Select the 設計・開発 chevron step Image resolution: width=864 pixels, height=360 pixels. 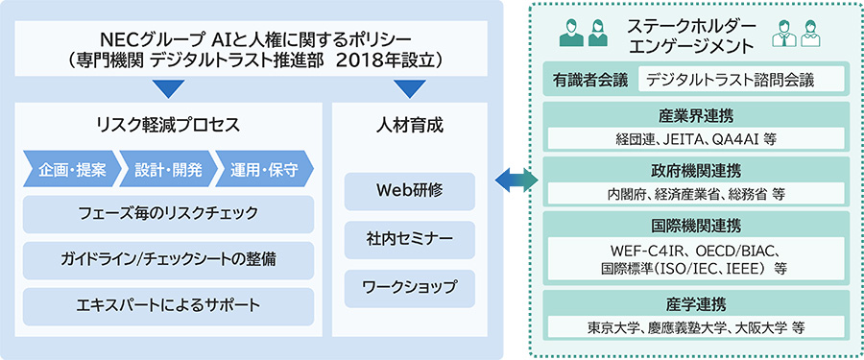click(168, 168)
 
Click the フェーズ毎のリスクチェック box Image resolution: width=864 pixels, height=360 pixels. click(168, 214)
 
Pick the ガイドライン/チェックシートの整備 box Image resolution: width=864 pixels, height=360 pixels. click(168, 260)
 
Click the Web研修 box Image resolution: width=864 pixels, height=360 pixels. click(409, 191)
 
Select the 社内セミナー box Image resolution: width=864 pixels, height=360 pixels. click(409, 240)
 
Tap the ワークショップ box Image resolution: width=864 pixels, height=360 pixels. click(409, 288)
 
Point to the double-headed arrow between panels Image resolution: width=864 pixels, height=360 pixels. click(516, 180)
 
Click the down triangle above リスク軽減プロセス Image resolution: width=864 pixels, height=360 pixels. click(169, 88)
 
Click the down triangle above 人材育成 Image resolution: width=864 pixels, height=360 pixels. click(410, 88)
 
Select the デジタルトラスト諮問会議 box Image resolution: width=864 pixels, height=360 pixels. click(741, 80)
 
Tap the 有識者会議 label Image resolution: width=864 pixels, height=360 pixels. click(590, 81)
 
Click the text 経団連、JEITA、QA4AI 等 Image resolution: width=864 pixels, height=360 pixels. click(696, 139)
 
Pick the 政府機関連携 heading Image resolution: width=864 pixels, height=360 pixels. click(695, 169)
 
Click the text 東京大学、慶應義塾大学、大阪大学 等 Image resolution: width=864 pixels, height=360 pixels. click(696, 327)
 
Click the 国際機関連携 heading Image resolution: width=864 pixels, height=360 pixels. click(695, 225)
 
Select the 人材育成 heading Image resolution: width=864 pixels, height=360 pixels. click(409, 125)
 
